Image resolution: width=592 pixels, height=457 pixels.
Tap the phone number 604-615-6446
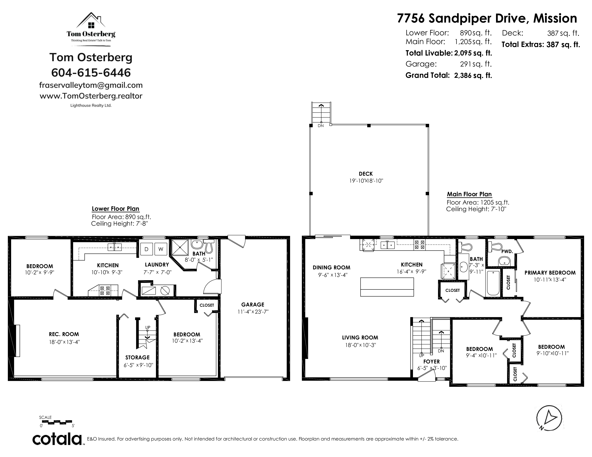[x=91, y=73]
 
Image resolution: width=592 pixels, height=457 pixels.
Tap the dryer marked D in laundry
[x=146, y=249]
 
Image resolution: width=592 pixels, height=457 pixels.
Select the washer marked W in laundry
[x=161, y=249]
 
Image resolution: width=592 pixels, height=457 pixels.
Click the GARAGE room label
[x=253, y=304]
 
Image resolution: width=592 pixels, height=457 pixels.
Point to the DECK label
[x=366, y=174]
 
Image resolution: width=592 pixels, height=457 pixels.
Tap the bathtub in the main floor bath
[x=493, y=283]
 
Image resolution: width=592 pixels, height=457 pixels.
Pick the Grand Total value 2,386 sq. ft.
[x=473, y=75]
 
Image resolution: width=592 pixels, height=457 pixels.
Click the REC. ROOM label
[x=64, y=334]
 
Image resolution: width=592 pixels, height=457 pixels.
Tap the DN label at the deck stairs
[x=321, y=126]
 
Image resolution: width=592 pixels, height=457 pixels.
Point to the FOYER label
[x=431, y=362]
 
